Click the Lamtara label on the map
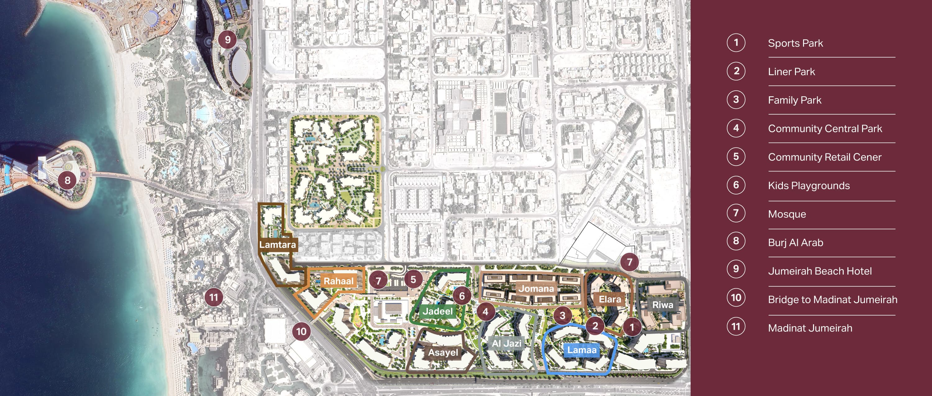[x=277, y=245]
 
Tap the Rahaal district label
[x=338, y=281]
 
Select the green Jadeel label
[x=438, y=311]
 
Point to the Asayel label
[x=443, y=352]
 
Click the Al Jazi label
[x=506, y=343]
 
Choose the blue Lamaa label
[x=582, y=350]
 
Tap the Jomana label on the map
[x=536, y=289]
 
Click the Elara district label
[x=610, y=299]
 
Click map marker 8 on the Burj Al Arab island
[x=67, y=180]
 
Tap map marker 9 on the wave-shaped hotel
[x=228, y=39]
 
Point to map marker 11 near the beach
[x=214, y=297]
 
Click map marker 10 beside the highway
[x=301, y=331]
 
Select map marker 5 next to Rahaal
[x=413, y=279]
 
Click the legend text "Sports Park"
[x=795, y=43]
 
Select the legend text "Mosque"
[x=787, y=214]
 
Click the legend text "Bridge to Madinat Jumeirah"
[x=833, y=299]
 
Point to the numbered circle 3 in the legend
[x=736, y=100]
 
